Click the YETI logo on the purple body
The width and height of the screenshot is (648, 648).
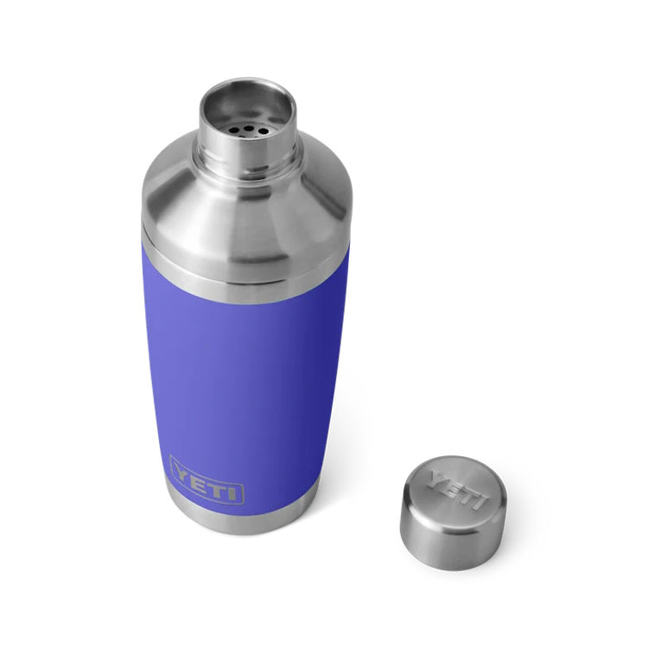(x=206, y=481)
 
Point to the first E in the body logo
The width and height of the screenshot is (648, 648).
(x=200, y=479)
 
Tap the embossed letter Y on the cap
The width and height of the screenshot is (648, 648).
(x=436, y=478)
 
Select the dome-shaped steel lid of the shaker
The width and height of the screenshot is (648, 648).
(x=246, y=212)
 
